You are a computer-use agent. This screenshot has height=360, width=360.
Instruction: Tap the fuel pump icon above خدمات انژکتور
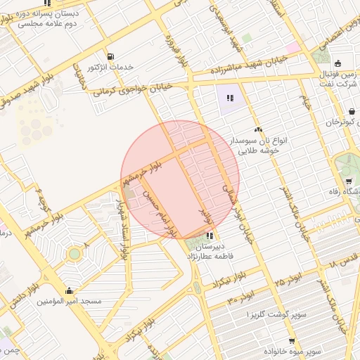(110, 56)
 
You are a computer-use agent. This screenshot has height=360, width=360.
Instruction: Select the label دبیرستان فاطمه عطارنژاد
(209, 252)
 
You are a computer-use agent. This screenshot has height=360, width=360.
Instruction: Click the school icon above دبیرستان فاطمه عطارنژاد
(210, 236)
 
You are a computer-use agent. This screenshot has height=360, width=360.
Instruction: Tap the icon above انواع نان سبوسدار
(258, 129)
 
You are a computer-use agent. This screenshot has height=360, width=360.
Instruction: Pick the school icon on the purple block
(229, 98)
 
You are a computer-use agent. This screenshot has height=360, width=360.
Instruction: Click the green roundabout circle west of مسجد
(74, 253)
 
